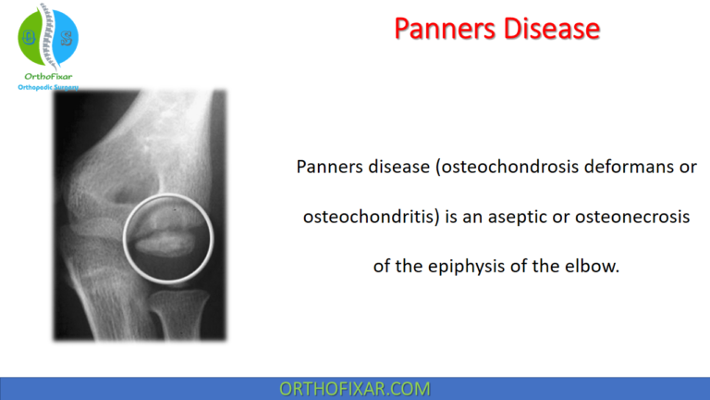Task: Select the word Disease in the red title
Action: point(550,29)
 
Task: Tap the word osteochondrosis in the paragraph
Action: point(491,168)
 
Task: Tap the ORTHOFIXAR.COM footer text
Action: point(355,389)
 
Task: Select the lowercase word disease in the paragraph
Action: point(391,168)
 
